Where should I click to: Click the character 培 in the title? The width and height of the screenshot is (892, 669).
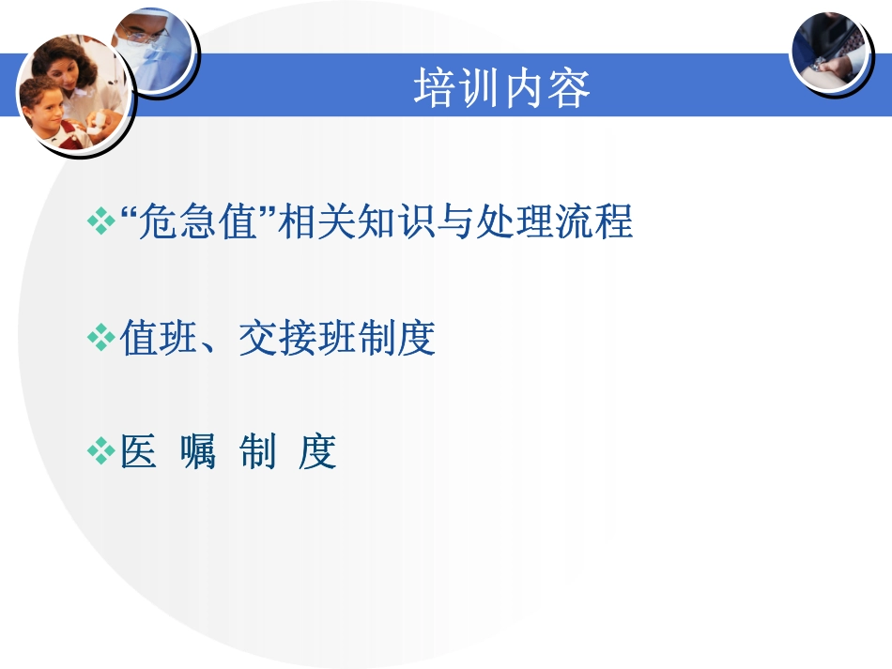tap(435, 89)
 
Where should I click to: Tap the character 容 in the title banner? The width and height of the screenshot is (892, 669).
tap(569, 89)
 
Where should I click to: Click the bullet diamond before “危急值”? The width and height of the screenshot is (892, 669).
tap(99, 222)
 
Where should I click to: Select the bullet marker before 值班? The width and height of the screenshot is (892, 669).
tap(99, 338)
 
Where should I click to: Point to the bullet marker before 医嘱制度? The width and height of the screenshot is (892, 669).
tap(99, 453)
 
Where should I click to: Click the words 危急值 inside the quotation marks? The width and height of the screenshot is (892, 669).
tap(197, 222)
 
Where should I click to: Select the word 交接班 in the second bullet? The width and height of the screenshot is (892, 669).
tap(298, 338)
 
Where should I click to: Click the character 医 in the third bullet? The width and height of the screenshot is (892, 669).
tap(138, 453)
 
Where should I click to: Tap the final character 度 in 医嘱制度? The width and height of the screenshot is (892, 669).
tap(317, 453)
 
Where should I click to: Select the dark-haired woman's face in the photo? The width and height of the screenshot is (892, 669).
tap(71, 69)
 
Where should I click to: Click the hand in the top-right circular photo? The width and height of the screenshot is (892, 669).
tap(832, 66)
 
